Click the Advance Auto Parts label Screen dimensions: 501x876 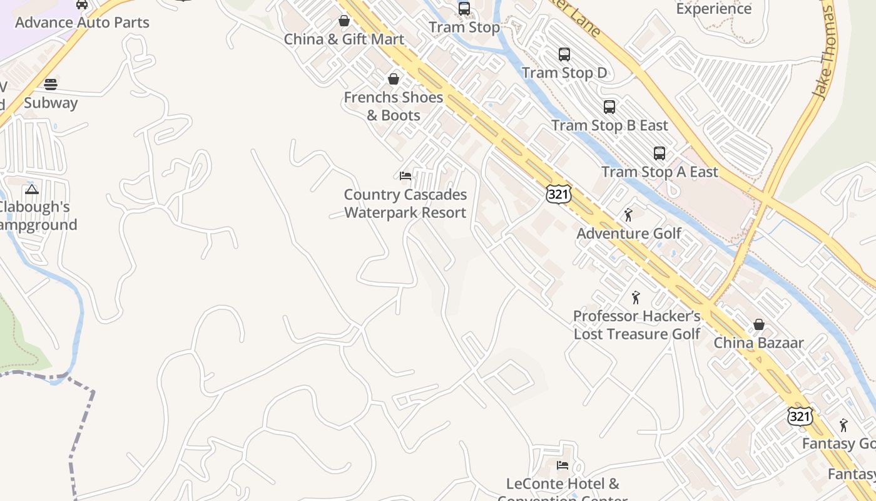82,23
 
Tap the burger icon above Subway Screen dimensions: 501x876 51,85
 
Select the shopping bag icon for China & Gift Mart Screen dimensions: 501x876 344,21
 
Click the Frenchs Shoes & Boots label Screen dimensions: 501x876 393,106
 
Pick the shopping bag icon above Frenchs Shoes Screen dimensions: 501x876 394,79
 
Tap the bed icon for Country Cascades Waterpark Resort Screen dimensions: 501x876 405,176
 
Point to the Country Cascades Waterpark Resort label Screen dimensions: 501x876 405,204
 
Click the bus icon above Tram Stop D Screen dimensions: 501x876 564,54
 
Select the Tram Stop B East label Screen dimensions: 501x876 609,125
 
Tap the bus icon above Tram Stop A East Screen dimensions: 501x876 660,153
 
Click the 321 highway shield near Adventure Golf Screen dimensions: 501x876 558,194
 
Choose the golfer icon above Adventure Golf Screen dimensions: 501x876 629,215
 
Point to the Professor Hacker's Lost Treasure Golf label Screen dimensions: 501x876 637,324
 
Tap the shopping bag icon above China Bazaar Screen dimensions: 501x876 759,324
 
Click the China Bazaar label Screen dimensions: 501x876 758,343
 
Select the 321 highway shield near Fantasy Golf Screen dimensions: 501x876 800,416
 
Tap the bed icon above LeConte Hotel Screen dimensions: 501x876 563,465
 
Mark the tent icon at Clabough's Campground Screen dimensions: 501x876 32,189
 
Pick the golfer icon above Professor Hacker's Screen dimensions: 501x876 636,297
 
